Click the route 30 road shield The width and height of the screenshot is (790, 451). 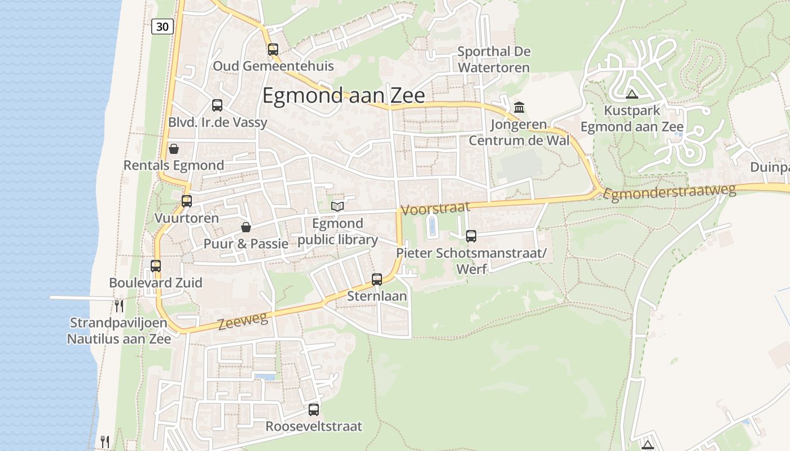click(163, 26)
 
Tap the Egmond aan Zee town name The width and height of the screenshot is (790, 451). click(344, 96)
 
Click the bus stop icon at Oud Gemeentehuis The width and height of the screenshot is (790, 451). click(273, 50)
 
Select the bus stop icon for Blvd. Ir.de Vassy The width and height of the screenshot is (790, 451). click(217, 105)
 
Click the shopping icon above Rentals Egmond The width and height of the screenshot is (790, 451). click(174, 149)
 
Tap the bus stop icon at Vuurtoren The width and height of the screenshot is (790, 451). click(187, 201)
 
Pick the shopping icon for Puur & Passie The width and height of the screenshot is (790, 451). click(246, 227)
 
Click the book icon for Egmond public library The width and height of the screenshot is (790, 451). click(337, 207)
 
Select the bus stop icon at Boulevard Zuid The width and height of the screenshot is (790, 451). click(156, 266)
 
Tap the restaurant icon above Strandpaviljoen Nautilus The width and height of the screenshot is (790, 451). click(119, 306)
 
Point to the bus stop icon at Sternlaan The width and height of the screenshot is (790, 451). click(377, 279)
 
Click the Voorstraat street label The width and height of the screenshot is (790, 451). click(435, 208)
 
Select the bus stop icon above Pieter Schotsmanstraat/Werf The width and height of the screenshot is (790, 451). click(471, 236)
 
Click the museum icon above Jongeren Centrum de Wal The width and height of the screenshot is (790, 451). click(519, 107)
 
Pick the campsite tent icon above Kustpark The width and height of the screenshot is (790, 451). click(631, 94)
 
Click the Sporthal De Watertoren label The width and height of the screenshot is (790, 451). click(494, 60)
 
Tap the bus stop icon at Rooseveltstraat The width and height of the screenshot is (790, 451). click(314, 410)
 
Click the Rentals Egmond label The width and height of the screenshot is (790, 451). click(174, 166)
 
